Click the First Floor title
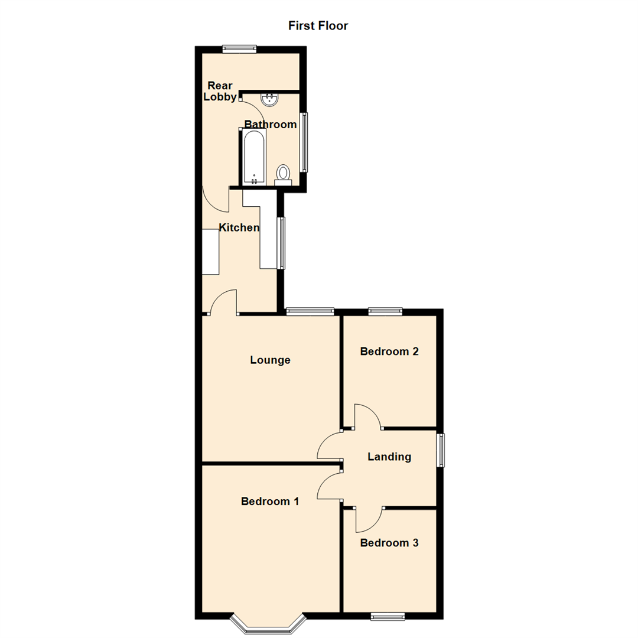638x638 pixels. (x=318, y=25)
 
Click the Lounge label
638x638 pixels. (x=270, y=360)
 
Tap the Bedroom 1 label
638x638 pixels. (x=270, y=502)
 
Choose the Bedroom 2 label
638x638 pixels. (x=389, y=351)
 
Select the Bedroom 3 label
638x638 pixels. (x=389, y=543)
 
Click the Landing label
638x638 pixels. (x=389, y=457)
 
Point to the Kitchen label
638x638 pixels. (x=239, y=227)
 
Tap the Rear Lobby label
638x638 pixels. (x=220, y=91)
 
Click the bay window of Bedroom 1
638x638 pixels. (x=269, y=625)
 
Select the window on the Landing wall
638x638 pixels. (x=441, y=451)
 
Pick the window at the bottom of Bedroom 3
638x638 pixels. (x=388, y=616)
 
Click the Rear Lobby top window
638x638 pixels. (x=239, y=49)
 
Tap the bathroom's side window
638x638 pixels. (x=305, y=142)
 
